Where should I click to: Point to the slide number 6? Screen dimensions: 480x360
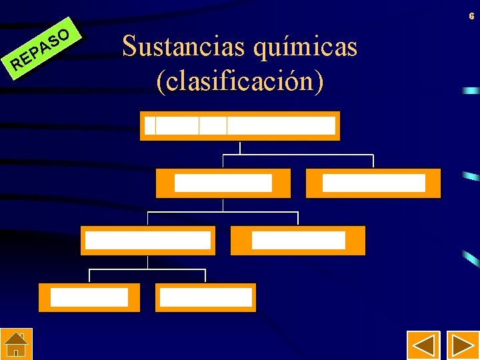[471, 15]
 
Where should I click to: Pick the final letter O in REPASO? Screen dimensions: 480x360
[63, 32]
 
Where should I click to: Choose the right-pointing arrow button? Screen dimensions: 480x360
[463, 346]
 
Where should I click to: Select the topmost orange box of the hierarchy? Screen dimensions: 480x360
[240, 125]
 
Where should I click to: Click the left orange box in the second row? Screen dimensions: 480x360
[223, 183]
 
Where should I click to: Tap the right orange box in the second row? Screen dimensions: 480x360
[373, 183]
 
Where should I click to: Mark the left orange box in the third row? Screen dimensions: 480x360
[148, 240]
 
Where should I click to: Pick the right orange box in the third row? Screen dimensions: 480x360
[298, 240]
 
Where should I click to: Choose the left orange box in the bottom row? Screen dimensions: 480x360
[89, 297]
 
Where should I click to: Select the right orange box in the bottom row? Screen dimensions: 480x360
[205, 297]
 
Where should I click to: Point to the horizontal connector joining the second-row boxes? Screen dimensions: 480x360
[298, 155]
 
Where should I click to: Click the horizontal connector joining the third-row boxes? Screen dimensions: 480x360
[223, 213]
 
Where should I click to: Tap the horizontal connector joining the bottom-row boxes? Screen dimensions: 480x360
[147, 270]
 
